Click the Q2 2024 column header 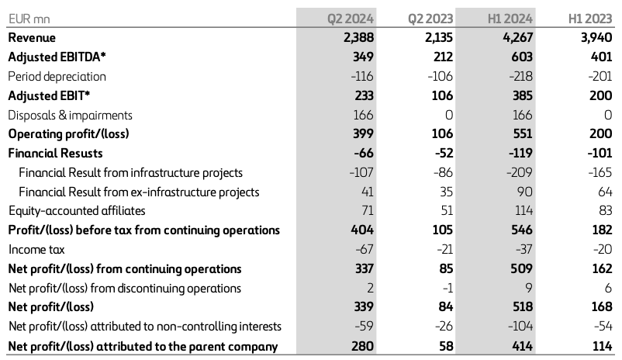coord(351,18)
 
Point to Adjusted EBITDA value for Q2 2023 coord(441,57)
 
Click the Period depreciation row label coord(57,76)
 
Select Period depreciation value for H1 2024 coord(521,76)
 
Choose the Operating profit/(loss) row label coord(68,133)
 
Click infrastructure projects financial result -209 coord(521,172)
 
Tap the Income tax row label coord(36,250)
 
